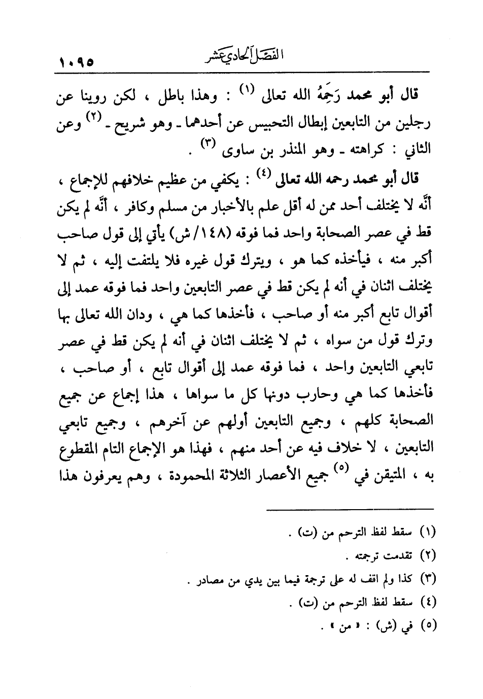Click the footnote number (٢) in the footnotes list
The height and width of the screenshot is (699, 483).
pos(430,555)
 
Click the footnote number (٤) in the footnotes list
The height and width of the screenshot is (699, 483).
pos(430,604)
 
